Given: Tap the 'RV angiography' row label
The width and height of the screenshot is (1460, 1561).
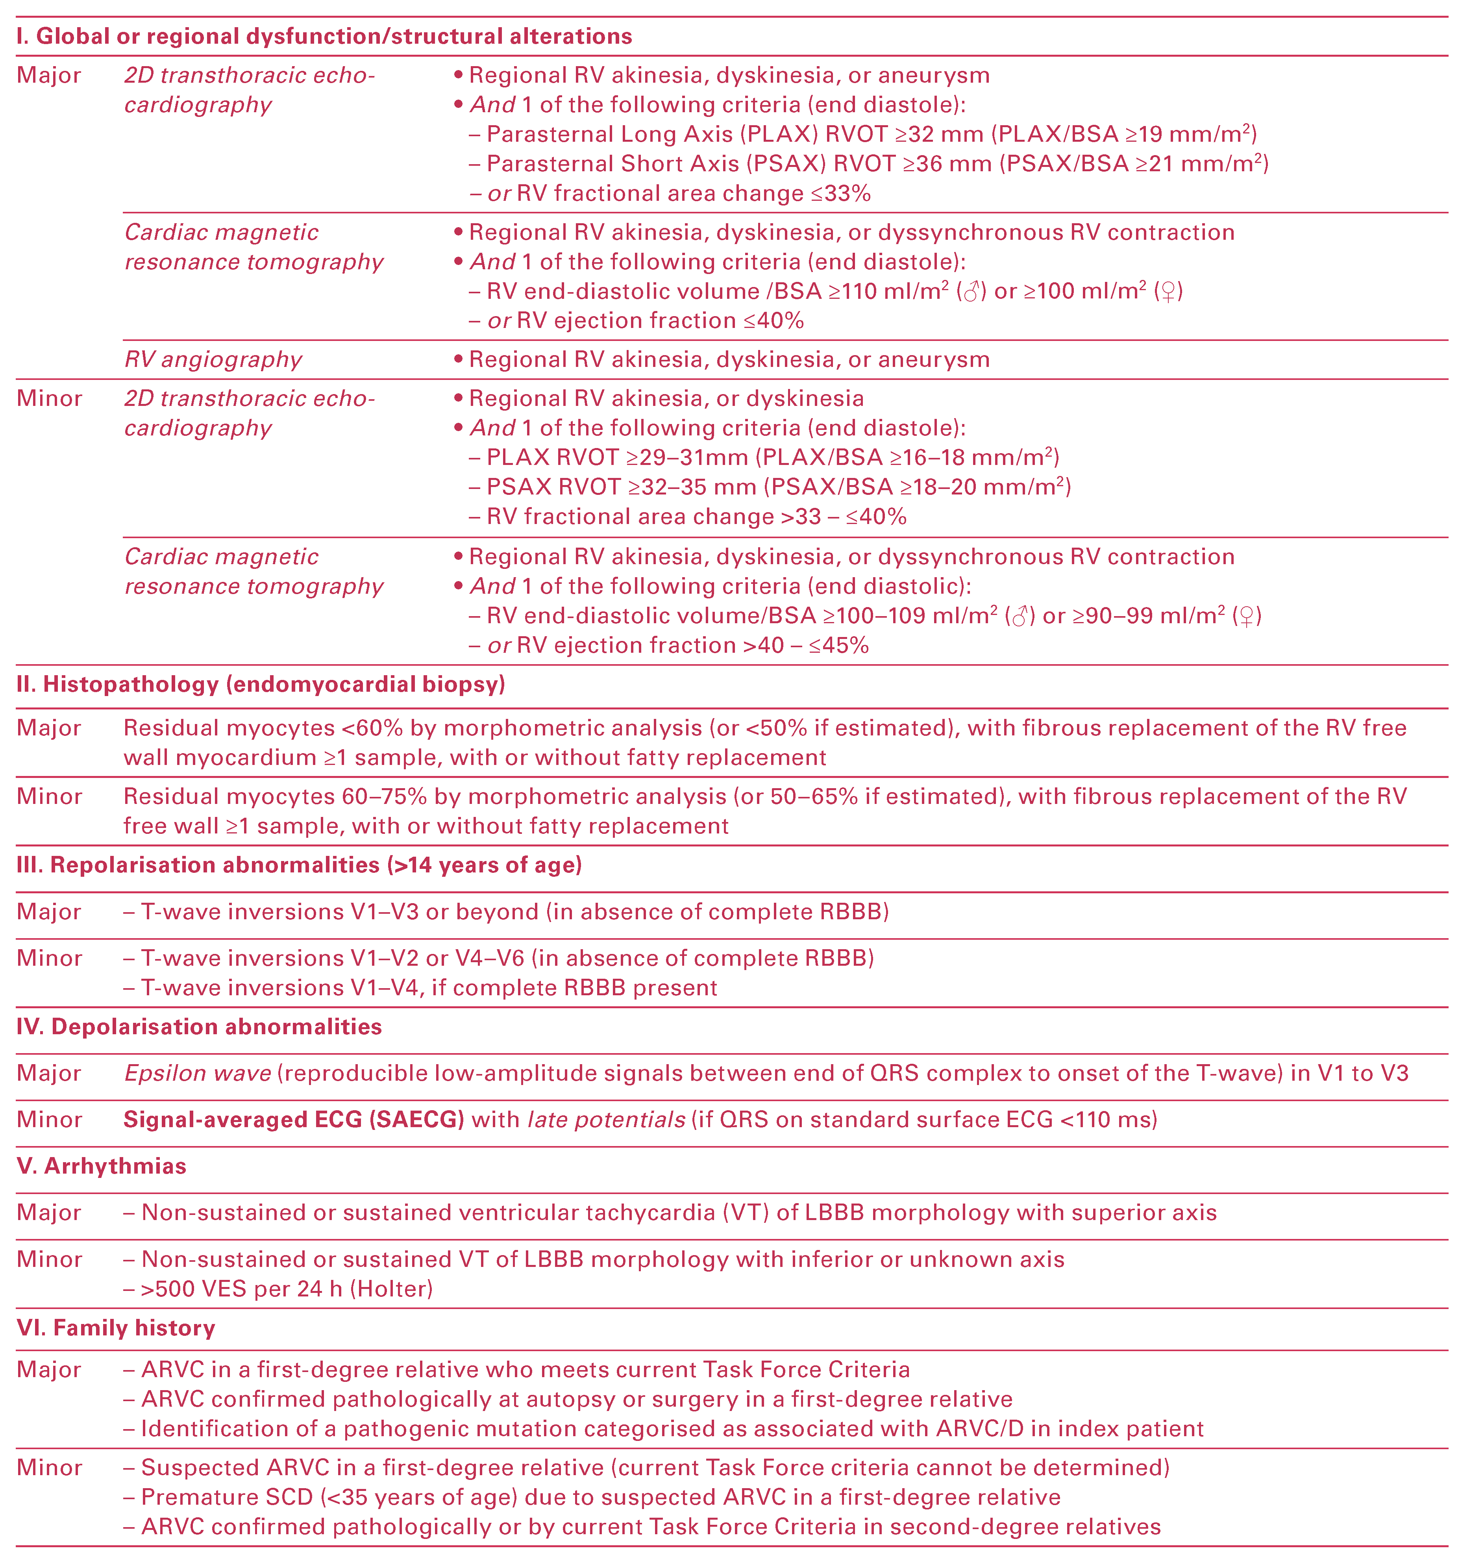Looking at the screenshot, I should pyautogui.click(x=213, y=359).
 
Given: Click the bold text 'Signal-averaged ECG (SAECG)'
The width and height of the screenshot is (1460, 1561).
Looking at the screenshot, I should pyautogui.click(x=294, y=1120).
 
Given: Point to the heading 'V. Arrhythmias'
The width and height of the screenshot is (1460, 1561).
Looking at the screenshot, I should pyautogui.click(x=101, y=1166).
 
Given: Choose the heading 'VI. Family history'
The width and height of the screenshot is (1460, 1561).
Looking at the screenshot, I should pyautogui.click(x=115, y=1328).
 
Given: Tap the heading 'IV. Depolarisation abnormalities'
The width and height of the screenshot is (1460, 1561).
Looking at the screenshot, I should pyautogui.click(x=199, y=1027).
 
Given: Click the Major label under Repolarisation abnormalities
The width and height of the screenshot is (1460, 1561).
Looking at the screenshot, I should pyautogui.click(x=49, y=912).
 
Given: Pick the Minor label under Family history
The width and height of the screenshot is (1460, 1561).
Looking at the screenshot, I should pyautogui.click(x=49, y=1468).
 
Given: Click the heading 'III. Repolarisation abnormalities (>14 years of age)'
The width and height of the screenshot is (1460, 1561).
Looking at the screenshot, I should pyautogui.click(x=299, y=865).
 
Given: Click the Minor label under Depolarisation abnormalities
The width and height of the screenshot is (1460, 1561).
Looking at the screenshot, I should pyautogui.click(x=49, y=1120).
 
